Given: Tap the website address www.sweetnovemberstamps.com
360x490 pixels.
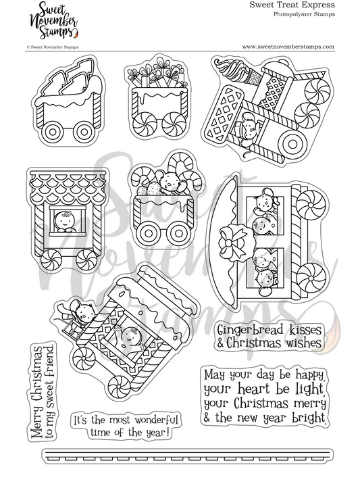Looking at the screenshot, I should click(288, 47).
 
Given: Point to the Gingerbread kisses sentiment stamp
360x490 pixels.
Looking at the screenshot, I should click(269, 334).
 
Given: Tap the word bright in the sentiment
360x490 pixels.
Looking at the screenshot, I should click(309, 418).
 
